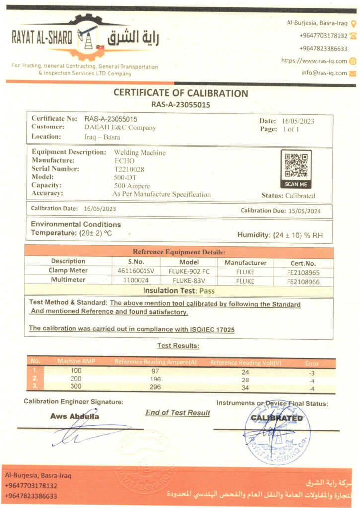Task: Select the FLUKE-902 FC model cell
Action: pyautogui.click(x=189, y=271)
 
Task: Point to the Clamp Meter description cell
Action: pyautogui.click(x=68, y=271)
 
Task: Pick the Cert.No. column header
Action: pyautogui.click(x=303, y=263)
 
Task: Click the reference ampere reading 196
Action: pyautogui.click(x=155, y=380)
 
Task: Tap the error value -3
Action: pyautogui.click(x=311, y=372)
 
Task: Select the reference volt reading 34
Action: pyautogui.click(x=245, y=387)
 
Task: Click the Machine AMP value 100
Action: pyautogui.click(x=75, y=371)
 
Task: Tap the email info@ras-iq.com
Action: pyautogui.click(x=324, y=73)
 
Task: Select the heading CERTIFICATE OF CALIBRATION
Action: pyautogui.click(x=181, y=93)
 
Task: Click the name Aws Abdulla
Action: pyautogui.click(x=74, y=416)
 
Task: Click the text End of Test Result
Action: pyautogui.click(x=178, y=413)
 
